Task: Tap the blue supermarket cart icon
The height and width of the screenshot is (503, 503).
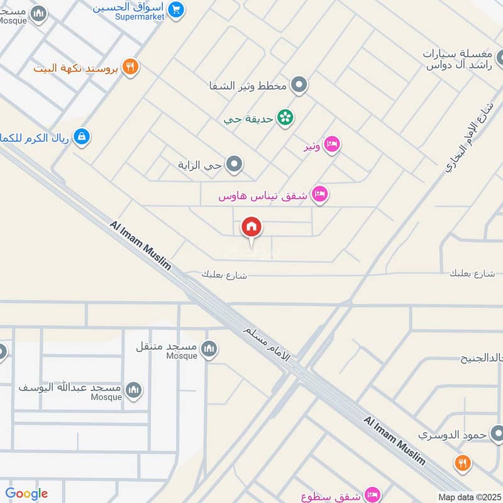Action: click(x=177, y=9)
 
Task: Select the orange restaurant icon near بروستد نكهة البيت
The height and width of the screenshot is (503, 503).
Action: click(x=131, y=67)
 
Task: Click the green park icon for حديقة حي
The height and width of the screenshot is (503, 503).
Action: click(x=285, y=118)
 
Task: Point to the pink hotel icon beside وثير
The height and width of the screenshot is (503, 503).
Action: click(x=332, y=146)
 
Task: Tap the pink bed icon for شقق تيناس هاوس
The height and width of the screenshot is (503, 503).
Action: click(x=320, y=195)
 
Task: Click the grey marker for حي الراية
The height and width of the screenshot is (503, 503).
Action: click(x=235, y=165)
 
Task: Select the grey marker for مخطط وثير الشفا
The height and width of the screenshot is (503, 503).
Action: click(x=299, y=85)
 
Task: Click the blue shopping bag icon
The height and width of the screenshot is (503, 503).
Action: click(x=82, y=136)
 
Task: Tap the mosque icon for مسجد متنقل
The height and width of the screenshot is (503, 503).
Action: click(x=209, y=348)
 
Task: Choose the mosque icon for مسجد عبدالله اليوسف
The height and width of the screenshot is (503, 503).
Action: click(x=133, y=390)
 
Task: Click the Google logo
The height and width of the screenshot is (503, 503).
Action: click(x=26, y=494)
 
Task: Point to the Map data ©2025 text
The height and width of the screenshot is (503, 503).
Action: click(x=469, y=496)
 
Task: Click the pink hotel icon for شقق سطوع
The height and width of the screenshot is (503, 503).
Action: click(x=372, y=494)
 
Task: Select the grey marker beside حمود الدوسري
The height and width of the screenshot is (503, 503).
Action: click(x=497, y=434)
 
